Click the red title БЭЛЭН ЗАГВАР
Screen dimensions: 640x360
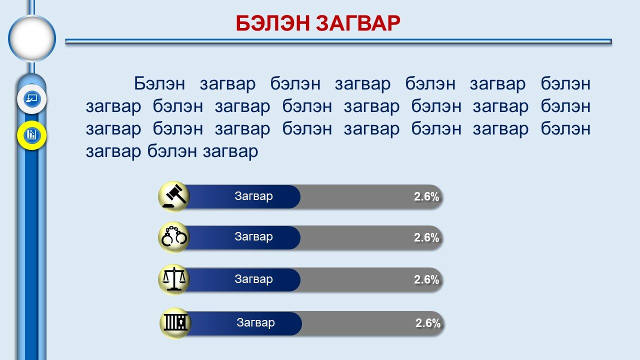click(317, 23)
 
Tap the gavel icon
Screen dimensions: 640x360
click(174, 196)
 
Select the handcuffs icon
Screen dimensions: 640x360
click(174, 237)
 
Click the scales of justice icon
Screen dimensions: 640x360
click(174, 279)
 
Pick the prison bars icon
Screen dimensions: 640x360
click(175, 323)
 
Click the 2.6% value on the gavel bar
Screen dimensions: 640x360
click(426, 196)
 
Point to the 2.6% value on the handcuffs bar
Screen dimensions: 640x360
click(426, 237)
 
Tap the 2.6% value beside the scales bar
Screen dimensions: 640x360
click(426, 279)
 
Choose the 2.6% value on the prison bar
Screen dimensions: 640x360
click(427, 323)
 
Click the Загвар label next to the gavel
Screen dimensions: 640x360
click(253, 196)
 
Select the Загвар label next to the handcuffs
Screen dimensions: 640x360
click(253, 237)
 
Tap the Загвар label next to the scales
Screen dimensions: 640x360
click(253, 279)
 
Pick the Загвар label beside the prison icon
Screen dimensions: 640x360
click(255, 322)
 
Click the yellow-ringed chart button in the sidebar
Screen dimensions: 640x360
click(31, 135)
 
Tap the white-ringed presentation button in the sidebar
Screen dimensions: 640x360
click(31, 99)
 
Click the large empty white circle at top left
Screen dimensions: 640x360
click(32, 38)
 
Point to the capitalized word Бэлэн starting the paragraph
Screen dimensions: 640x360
click(159, 83)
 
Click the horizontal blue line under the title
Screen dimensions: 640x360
click(338, 41)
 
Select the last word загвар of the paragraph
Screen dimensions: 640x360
click(230, 151)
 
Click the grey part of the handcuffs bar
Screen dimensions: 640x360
click(371, 237)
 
